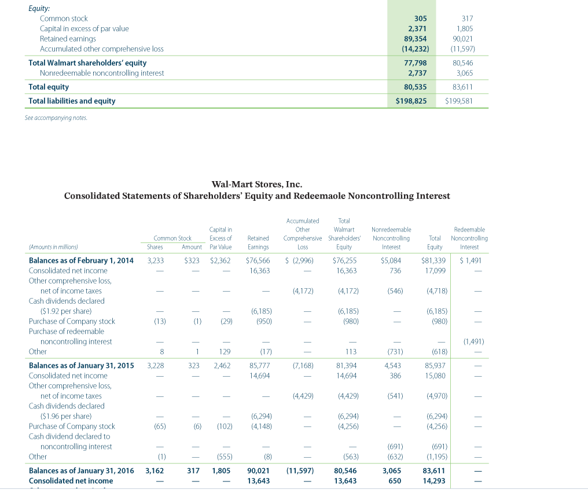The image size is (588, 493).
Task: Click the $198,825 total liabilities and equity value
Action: pyautogui.click(x=411, y=101)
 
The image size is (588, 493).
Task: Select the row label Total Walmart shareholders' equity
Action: pyautogui.click(x=87, y=62)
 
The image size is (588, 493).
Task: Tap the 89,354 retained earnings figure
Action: pyautogui.click(x=415, y=39)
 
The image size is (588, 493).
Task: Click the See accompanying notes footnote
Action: pyautogui.click(x=58, y=118)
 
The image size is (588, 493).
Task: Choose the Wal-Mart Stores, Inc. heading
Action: pyautogui.click(x=256, y=184)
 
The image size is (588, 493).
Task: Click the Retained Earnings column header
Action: pyautogui.click(x=258, y=242)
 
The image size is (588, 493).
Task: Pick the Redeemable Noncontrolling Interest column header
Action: pyautogui.click(x=469, y=238)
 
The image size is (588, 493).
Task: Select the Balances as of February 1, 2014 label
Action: pyautogui.click(x=81, y=260)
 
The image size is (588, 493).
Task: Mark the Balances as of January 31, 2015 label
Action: pyautogui.click(x=81, y=366)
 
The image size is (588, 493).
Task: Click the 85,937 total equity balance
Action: pyautogui.click(x=435, y=366)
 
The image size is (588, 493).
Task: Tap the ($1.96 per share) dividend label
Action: pyautogui.click(x=66, y=416)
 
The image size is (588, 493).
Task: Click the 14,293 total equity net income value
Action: pyautogui.click(x=434, y=481)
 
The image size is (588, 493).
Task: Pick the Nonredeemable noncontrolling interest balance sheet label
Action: pyautogui.click(x=102, y=73)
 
